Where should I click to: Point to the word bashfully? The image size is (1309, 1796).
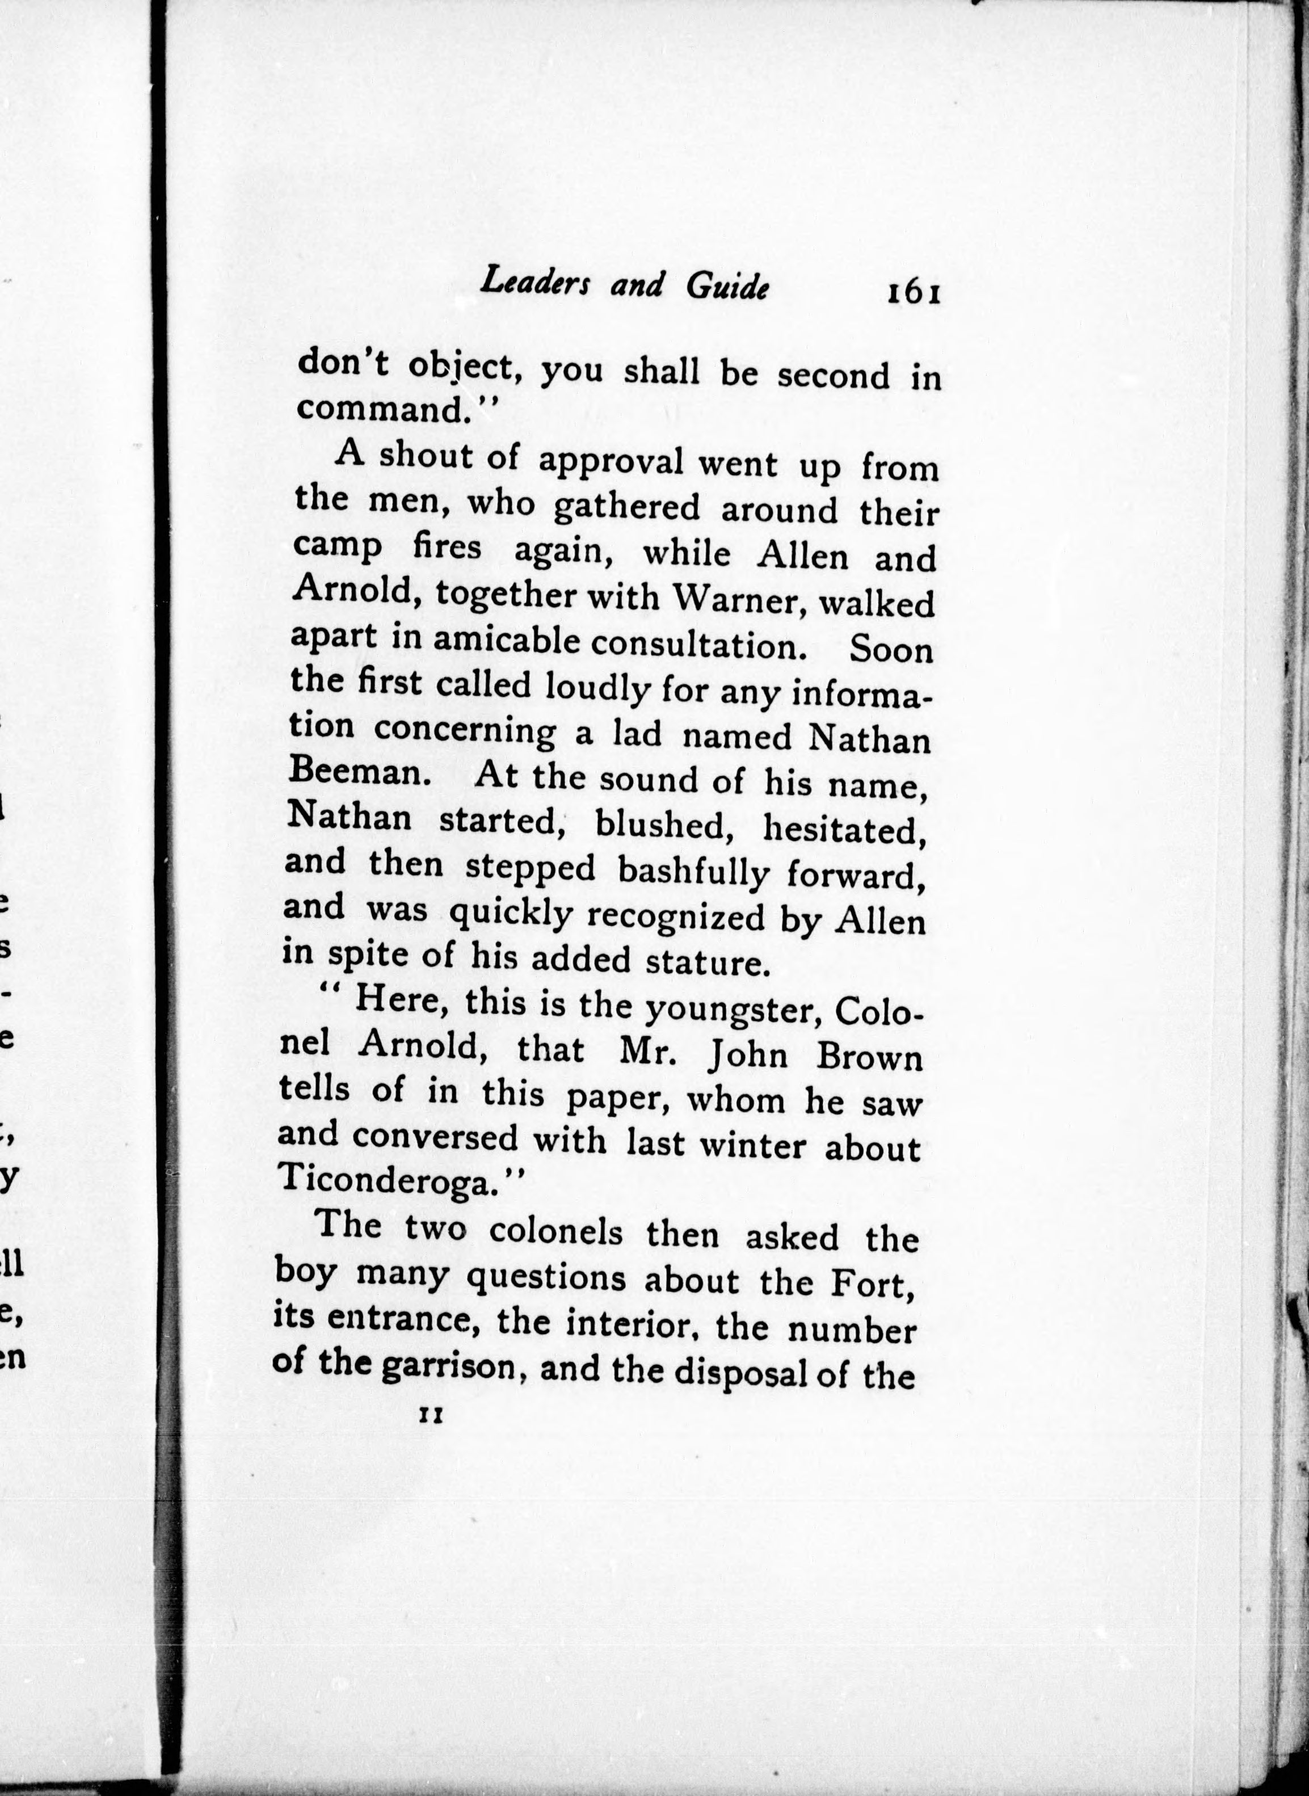pyautogui.click(x=693, y=870)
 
